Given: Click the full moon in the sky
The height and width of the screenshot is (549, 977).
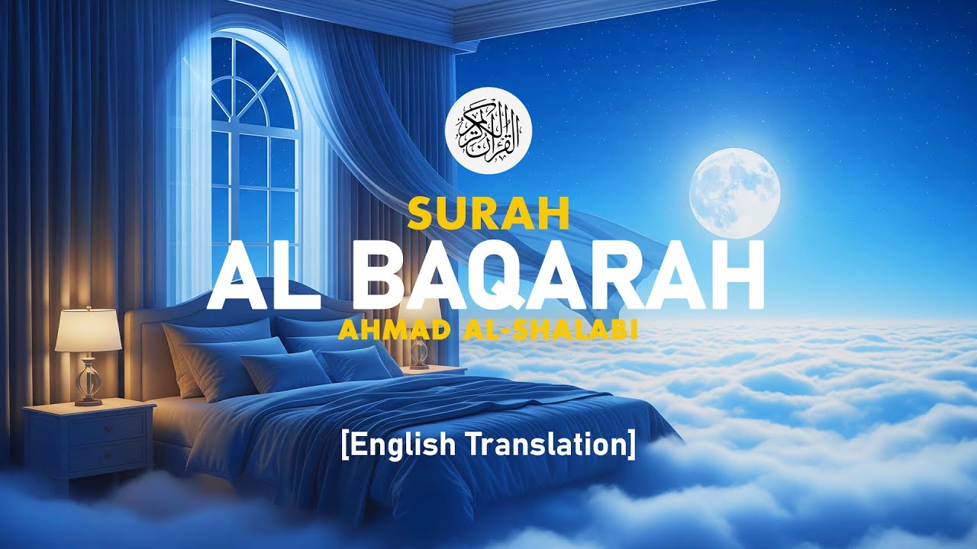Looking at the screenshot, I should point(734,193).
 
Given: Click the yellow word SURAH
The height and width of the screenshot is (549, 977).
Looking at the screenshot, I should point(488,215).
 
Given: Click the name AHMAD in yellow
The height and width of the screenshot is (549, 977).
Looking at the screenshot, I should point(385,331).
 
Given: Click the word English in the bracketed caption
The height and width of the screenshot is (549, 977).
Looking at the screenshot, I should point(397,445).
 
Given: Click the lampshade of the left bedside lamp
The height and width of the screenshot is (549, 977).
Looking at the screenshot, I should point(88,331).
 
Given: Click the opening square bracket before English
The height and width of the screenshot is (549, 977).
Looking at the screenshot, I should point(346,445).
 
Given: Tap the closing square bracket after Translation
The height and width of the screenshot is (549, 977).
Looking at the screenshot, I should point(631,445).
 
